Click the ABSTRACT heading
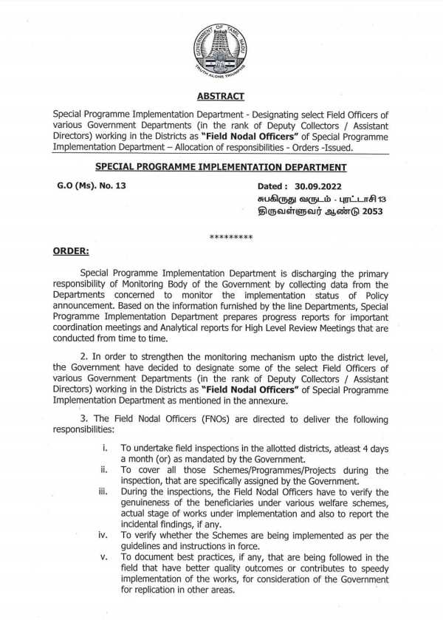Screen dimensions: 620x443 [x=221, y=97]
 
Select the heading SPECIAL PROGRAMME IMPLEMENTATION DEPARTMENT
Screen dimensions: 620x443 [x=221, y=168]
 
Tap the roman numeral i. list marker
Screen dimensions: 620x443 [x=106, y=448]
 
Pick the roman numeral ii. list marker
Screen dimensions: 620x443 [x=105, y=470]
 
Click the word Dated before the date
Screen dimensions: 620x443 [x=273, y=186]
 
